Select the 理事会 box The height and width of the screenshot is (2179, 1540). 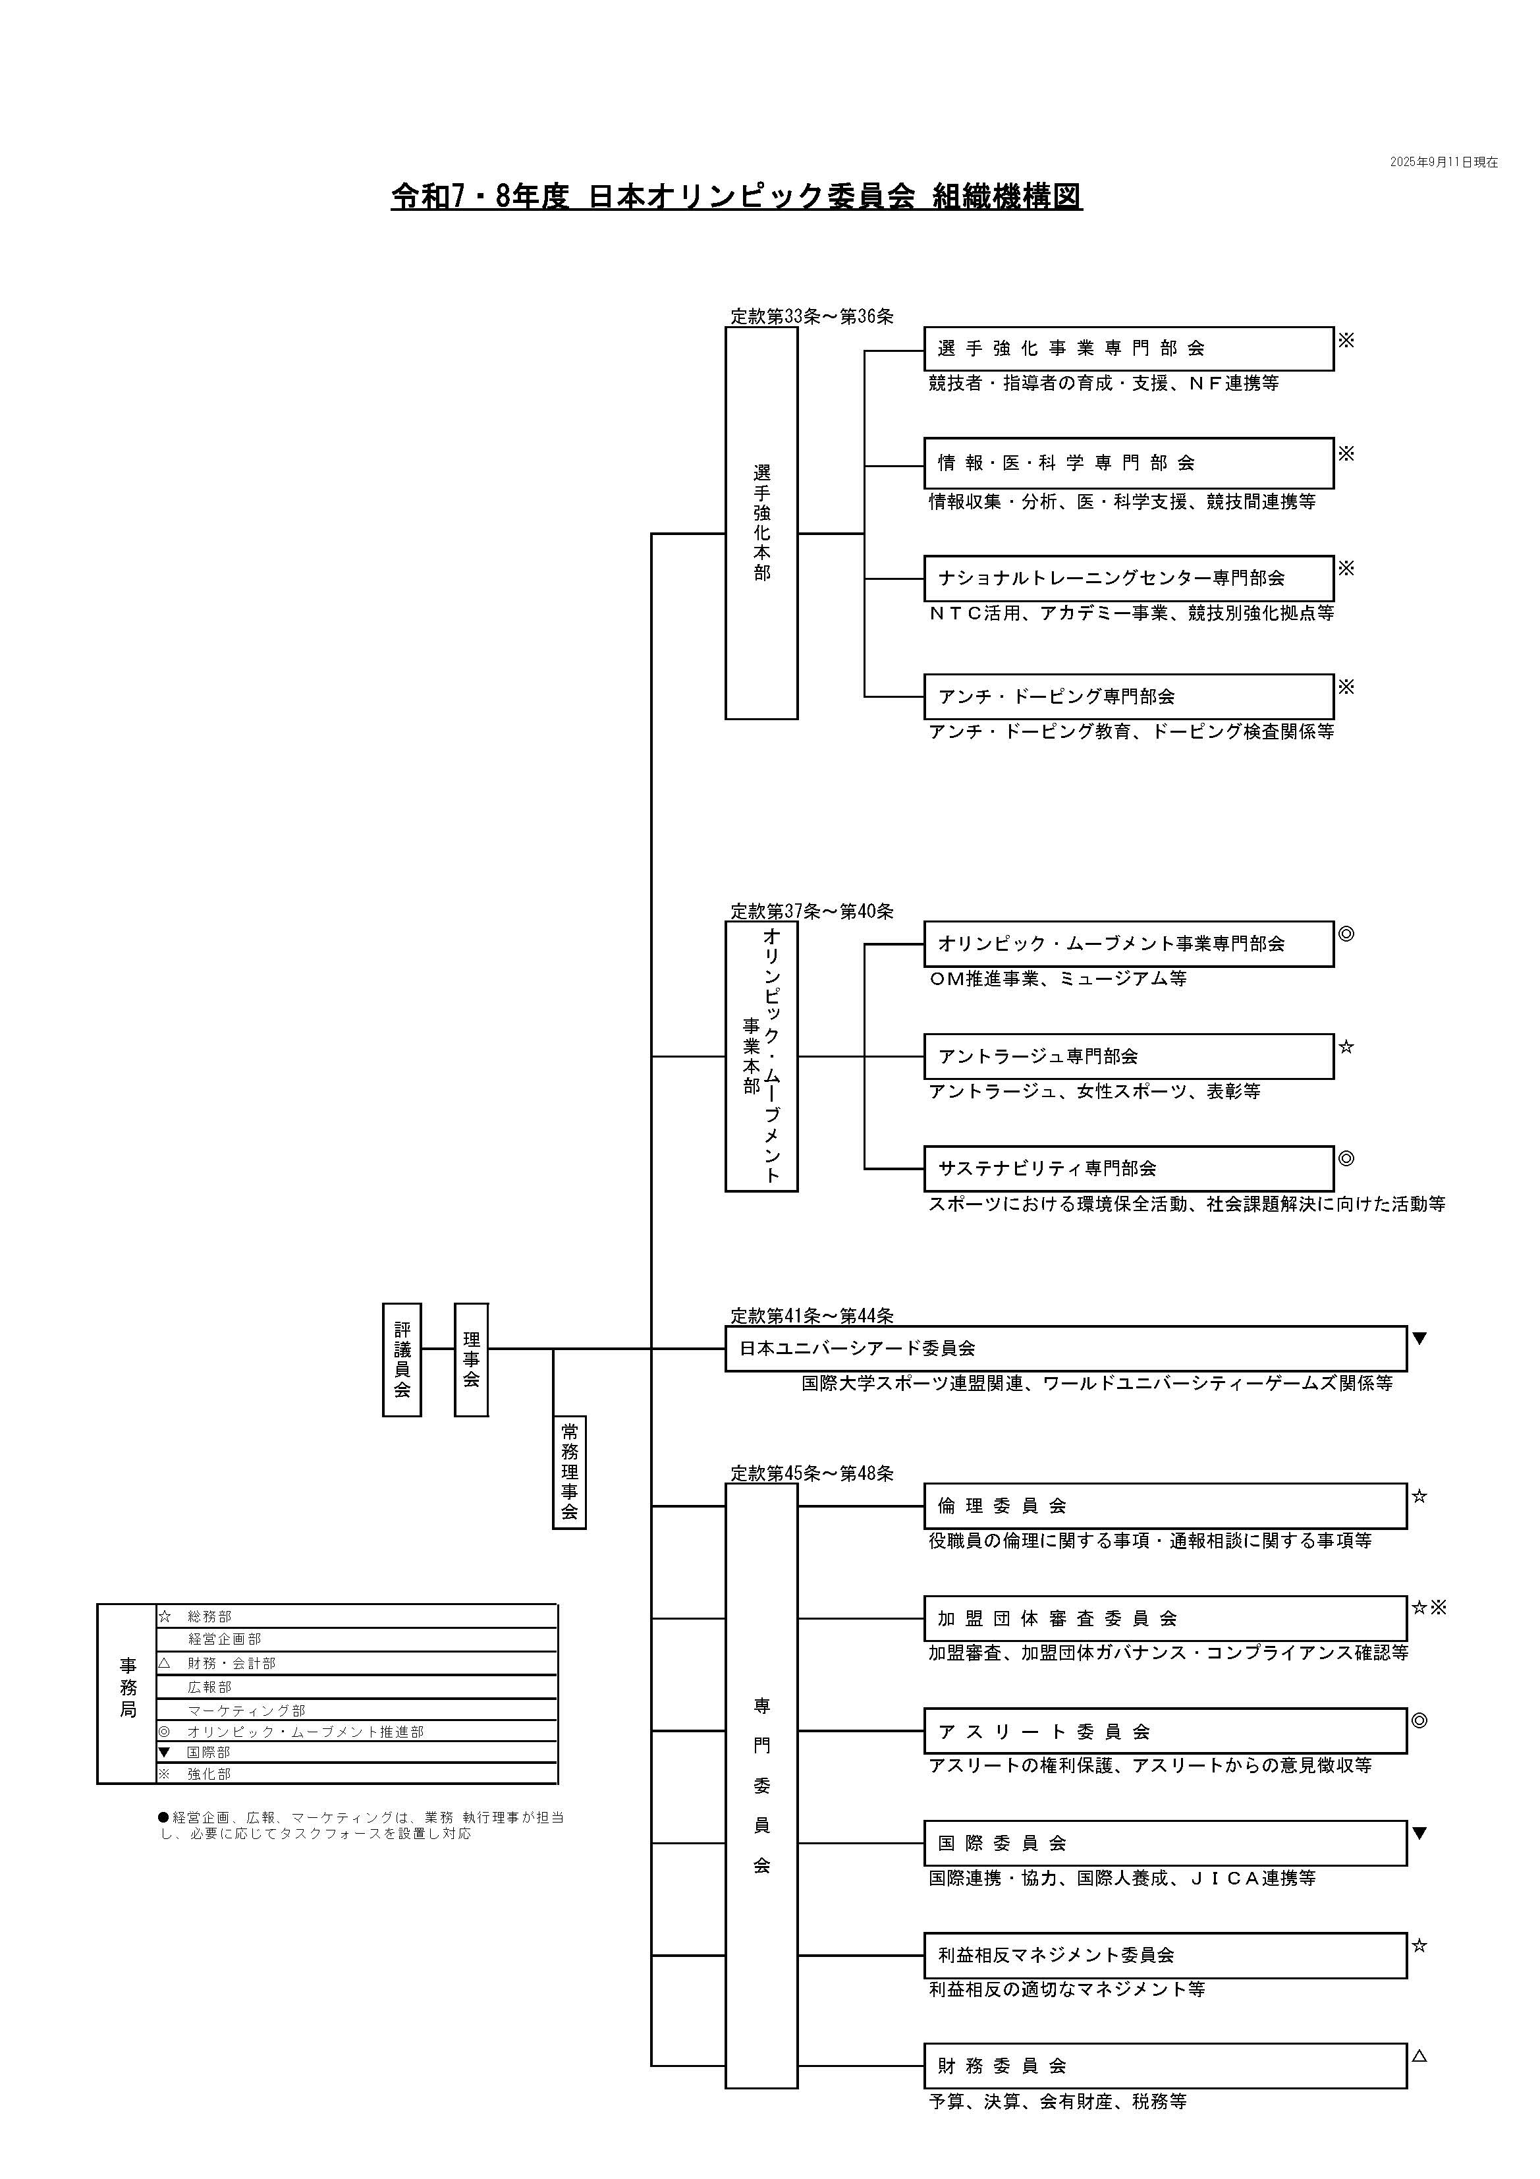471,1359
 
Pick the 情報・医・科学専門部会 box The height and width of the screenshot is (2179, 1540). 1128,463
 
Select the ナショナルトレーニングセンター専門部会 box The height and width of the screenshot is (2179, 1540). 1128,578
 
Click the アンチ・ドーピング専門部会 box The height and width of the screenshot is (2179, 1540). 1128,696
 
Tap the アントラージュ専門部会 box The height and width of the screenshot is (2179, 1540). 1128,1056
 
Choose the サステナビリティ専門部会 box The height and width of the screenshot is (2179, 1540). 1128,1168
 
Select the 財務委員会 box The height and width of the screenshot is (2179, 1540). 1165,2066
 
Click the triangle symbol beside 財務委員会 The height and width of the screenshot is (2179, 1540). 1419,2056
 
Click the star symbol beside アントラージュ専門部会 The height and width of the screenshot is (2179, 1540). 1346,1048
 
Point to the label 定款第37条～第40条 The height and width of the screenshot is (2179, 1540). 811,912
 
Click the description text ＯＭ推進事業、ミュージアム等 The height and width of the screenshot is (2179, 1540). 1057,978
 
